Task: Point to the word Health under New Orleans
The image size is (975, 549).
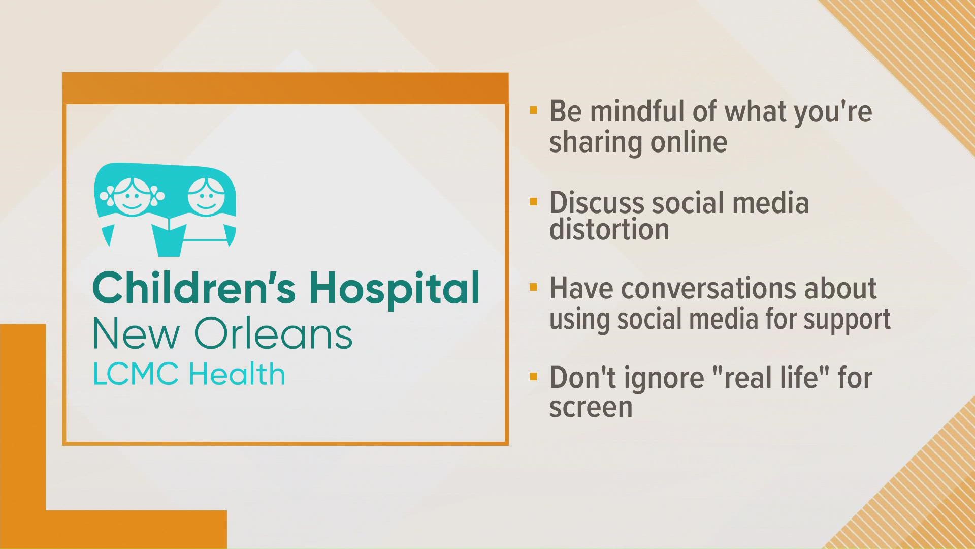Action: (x=237, y=374)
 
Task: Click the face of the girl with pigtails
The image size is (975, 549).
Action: (x=132, y=194)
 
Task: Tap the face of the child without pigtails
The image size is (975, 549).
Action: (x=206, y=194)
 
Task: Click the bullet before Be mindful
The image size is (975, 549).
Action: (x=533, y=110)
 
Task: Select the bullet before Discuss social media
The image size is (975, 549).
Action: (x=533, y=202)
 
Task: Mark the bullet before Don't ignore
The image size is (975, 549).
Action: (x=533, y=377)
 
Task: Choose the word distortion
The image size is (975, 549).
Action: (x=609, y=230)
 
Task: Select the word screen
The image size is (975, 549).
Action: (x=591, y=407)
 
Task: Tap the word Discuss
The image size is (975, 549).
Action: (x=596, y=203)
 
